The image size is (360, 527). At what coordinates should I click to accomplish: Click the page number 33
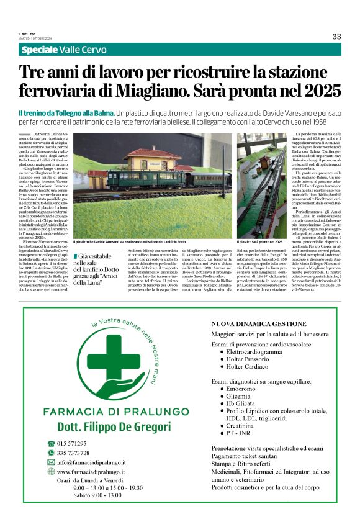[x=336, y=36]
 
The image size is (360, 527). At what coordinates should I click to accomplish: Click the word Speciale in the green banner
[x=40, y=50]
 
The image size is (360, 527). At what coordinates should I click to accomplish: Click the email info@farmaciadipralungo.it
[x=91, y=462]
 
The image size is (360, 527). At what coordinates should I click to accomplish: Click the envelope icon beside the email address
[x=51, y=462]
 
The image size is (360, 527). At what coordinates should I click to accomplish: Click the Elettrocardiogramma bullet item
[x=259, y=351]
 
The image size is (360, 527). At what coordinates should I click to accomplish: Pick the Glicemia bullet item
[x=239, y=395]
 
